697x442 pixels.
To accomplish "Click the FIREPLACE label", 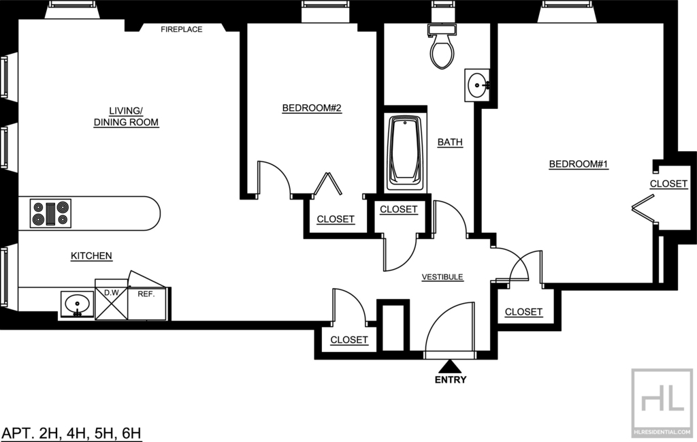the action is click(181, 29).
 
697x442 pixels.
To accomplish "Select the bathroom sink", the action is click(477, 85).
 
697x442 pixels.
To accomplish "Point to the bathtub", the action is click(405, 153).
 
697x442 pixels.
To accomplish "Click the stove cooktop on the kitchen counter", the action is click(50, 213).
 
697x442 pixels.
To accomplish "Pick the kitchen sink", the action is click(78, 304).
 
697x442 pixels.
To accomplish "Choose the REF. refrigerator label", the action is click(146, 294).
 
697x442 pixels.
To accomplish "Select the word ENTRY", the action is click(451, 380).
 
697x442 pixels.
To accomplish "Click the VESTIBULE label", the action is click(442, 277).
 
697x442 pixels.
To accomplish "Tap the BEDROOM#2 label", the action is click(312, 108).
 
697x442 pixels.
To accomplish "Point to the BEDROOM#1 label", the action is click(579, 164).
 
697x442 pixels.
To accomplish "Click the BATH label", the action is click(450, 142).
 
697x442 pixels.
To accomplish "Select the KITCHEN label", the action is click(92, 255).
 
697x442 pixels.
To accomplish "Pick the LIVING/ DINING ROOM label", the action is click(126, 116).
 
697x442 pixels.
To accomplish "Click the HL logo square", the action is click(662, 402).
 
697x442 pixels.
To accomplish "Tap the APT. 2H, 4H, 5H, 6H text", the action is click(71, 432).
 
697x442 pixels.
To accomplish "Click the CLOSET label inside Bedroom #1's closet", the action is click(668, 184).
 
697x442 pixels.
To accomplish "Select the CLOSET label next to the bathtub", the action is click(399, 209).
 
